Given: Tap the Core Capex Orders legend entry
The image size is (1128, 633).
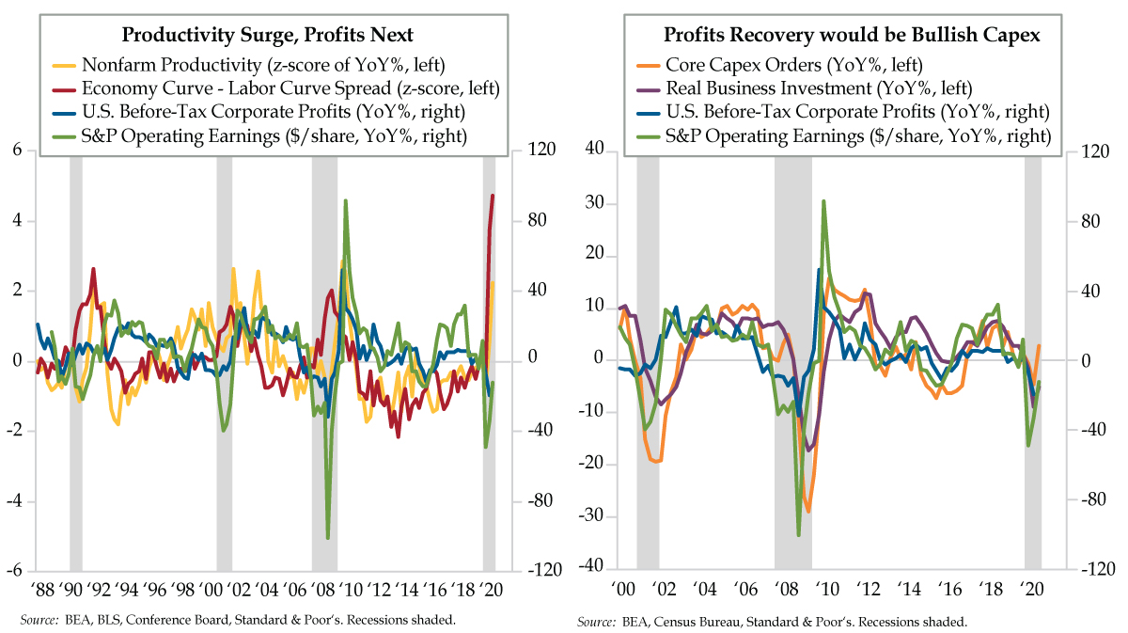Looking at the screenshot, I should coord(791,65).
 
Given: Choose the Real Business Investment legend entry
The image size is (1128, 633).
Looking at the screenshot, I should coord(817,89).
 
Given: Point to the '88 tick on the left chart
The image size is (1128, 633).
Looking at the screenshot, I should coord(41,591).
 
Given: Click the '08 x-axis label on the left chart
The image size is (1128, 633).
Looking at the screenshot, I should coord(325,591).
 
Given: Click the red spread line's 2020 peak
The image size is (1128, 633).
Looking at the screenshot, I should coord(493,196).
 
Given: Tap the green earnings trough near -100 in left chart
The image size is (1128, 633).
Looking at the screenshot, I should coord(327,538).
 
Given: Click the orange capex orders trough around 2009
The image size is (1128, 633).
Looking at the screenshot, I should coord(807,512).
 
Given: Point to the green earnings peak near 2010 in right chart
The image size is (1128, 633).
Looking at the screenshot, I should coord(823,200).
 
